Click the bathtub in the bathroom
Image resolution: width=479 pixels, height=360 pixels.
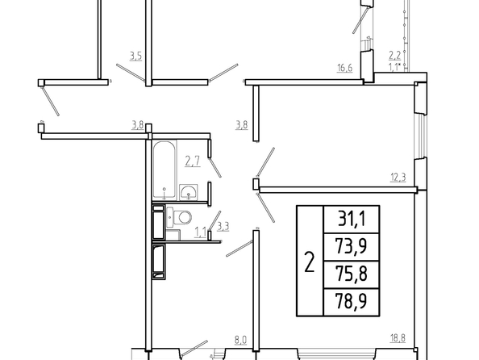165,170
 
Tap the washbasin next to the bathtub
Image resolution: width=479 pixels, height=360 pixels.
188,192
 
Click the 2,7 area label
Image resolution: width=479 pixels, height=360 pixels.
193,161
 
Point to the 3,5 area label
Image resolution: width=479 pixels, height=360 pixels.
135,56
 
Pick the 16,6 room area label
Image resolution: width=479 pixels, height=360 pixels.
344,68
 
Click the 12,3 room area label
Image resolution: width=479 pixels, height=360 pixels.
398,177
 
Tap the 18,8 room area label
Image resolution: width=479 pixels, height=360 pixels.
398,338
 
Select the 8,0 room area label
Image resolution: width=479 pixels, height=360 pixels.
240,340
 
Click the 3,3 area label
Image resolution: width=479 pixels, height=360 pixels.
223,227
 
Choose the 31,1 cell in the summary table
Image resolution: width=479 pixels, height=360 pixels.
352,219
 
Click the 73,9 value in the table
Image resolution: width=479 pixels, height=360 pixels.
351,246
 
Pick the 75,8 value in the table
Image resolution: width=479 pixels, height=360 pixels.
351,274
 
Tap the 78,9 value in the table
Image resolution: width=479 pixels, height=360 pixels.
351,301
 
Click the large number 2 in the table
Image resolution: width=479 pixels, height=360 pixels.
310,262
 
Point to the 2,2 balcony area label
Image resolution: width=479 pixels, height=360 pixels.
394,56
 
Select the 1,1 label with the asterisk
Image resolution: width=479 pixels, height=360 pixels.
394,66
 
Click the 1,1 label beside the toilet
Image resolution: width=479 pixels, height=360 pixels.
201,232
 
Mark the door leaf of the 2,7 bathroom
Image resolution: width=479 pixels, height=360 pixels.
215,167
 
